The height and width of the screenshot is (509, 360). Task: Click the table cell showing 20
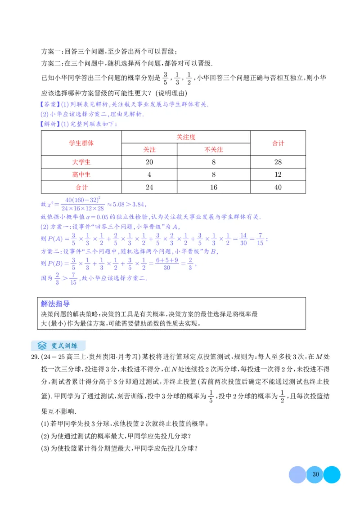(x=149, y=162)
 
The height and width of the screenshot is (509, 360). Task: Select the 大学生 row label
(x=81, y=162)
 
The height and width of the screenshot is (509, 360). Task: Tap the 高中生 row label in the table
(x=81, y=174)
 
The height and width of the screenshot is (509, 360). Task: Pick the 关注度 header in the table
(x=186, y=137)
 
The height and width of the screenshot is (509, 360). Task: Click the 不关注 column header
(x=214, y=149)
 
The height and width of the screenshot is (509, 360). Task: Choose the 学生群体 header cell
(x=81, y=143)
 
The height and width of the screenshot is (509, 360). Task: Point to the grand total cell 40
(x=278, y=187)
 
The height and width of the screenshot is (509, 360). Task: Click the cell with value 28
(x=278, y=162)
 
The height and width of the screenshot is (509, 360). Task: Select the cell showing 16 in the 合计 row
(x=214, y=187)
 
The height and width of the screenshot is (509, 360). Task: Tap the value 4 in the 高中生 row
(x=149, y=174)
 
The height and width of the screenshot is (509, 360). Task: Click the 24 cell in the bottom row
(x=149, y=187)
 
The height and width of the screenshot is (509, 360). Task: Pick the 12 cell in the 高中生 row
(x=278, y=174)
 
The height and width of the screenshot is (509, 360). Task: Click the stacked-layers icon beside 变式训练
(x=42, y=345)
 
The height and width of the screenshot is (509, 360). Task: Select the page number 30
(x=315, y=474)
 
